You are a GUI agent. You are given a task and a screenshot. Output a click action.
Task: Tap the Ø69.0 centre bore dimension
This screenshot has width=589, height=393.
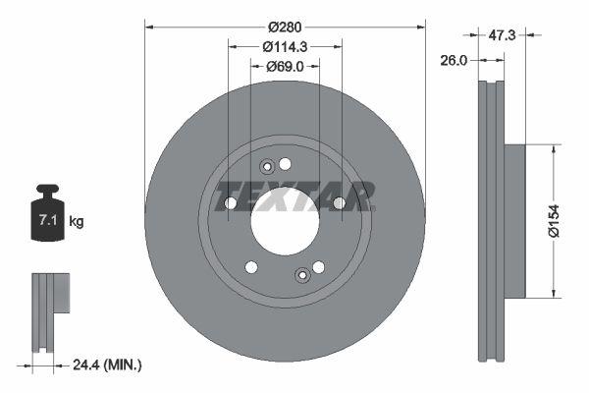click(286, 66)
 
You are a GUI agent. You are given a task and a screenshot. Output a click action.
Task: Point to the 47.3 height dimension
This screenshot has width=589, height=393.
click(502, 34)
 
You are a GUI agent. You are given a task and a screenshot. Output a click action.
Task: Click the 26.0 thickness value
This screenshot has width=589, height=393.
click(454, 60)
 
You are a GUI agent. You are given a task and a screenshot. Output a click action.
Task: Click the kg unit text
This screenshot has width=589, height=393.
click(77, 222)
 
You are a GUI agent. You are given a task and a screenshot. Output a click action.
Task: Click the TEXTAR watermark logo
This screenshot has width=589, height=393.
click(294, 196)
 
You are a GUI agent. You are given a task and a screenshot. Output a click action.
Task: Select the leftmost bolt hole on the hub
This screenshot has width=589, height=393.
click(231, 203)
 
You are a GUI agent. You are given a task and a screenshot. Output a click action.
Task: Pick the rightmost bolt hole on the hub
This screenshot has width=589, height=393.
click(339, 203)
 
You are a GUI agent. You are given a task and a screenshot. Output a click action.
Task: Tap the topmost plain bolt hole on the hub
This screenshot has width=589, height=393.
click(286, 163)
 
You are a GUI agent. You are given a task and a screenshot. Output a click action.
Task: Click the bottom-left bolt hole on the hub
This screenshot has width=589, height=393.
click(250, 266)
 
